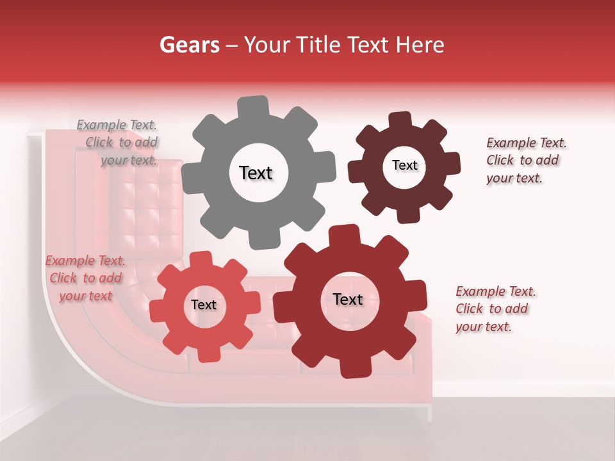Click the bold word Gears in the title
tap(189, 45)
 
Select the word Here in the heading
tap(420, 45)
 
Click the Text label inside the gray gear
tap(256, 173)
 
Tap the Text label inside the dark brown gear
tap(404, 165)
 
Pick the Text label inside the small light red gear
tap(204, 305)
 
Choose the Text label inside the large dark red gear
tap(348, 300)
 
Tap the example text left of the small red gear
tap(85, 278)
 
